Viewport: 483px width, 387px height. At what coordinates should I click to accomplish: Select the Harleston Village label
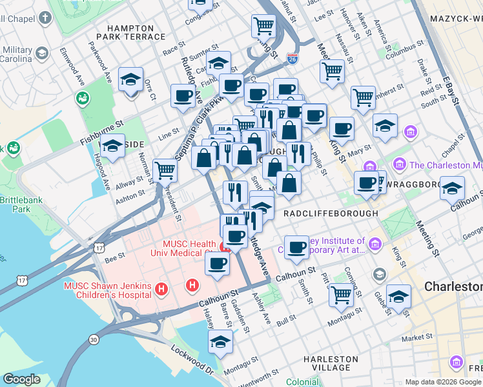(331, 363)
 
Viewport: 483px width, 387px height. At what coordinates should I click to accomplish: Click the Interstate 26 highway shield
(293, 59)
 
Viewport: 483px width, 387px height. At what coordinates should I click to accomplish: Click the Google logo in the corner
(22, 379)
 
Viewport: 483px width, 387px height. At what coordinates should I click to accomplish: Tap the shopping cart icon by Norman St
(165, 171)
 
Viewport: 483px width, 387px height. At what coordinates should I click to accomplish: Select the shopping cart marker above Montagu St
(340, 295)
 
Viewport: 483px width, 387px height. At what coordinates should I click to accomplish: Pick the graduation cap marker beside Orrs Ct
(131, 80)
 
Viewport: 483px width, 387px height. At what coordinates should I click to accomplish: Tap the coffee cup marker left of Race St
(183, 96)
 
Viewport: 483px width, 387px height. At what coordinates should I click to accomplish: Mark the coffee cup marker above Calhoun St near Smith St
(296, 248)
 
